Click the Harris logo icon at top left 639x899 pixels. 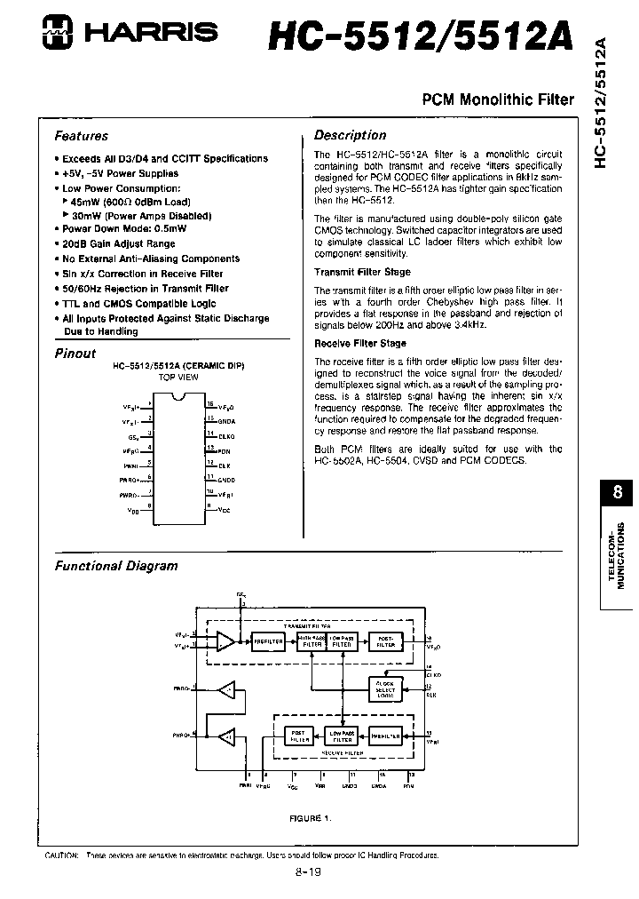(x=64, y=34)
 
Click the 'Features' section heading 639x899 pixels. (x=82, y=136)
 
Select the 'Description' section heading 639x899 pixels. (x=351, y=135)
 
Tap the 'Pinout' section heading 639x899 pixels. (x=75, y=353)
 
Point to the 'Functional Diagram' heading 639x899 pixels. (x=116, y=565)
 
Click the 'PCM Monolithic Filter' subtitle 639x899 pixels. (x=497, y=101)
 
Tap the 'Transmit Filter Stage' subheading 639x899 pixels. (x=362, y=272)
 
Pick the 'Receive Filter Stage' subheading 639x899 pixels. (x=360, y=343)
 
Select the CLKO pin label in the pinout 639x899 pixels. (x=227, y=435)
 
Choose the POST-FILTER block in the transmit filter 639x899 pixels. (x=386, y=641)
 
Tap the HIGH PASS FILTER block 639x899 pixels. (x=311, y=641)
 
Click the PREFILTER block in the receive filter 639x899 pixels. (x=386, y=736)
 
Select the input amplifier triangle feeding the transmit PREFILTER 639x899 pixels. (x=225, y=641)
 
